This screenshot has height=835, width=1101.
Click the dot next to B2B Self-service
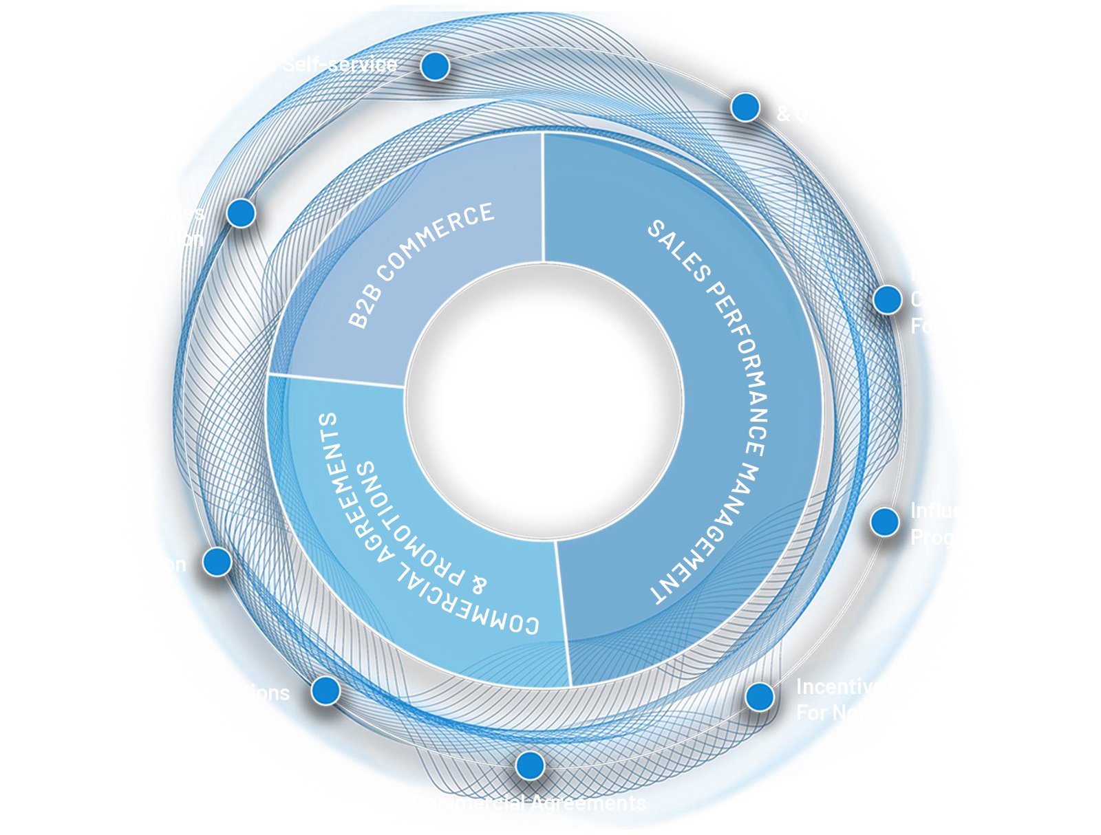(x=435, y=67)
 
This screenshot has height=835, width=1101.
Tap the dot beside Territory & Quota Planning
(x=745, y=107)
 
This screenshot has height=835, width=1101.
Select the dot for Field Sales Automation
(x=241, y=213)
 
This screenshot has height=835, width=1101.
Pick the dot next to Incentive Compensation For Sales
(x=887, y=300)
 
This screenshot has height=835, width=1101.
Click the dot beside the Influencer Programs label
(x=884, y=522)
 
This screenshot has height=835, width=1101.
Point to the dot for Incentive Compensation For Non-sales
(x=760, y=697)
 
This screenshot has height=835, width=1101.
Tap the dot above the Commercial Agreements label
(x=530, y=765)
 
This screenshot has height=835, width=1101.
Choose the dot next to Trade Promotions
(x=325, y=690)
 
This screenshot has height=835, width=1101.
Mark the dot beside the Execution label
(x=217, y=562)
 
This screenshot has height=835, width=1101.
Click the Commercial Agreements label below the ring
(x=528, y=803)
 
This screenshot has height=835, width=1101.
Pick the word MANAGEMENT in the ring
(x=709, y=536)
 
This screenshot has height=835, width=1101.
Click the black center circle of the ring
(x=544, y=400)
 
